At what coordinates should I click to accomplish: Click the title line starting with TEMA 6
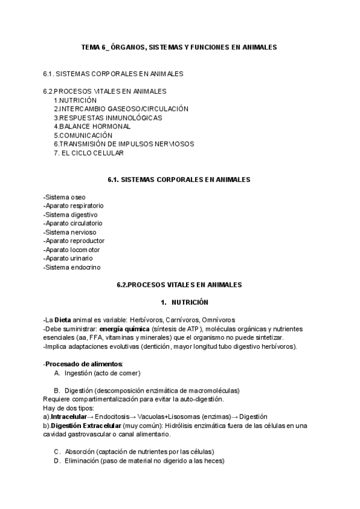coord(179,47)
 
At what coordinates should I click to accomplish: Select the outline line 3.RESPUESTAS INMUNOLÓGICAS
coord(107,118)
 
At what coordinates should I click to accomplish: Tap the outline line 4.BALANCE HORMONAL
coord(92,127)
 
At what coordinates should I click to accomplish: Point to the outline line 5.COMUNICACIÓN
coord(83,136)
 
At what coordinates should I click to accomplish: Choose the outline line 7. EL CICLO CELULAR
coord(89,153)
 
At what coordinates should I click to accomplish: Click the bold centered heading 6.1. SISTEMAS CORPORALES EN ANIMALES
coord(179,179)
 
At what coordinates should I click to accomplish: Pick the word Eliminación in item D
coord(82,460)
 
